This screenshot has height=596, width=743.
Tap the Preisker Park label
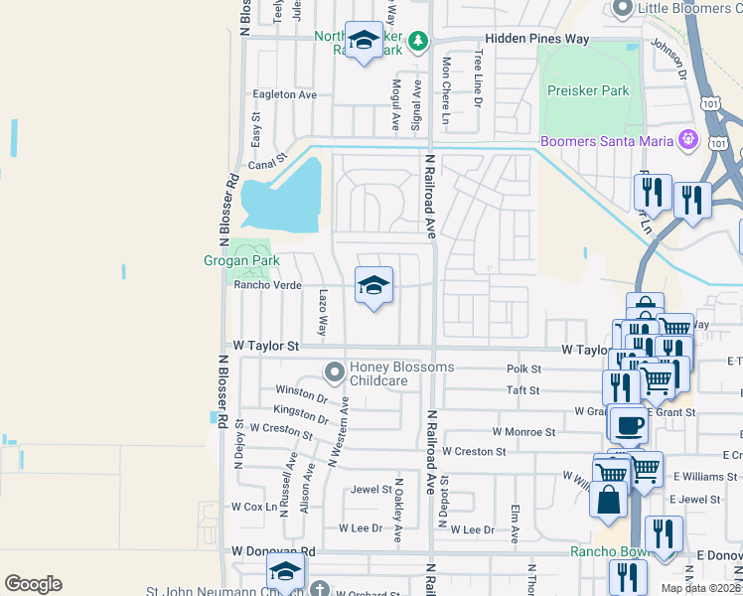(589, 90)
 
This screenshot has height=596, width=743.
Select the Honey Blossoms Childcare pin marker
(335, 373)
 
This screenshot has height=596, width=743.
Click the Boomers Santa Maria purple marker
(686, 141)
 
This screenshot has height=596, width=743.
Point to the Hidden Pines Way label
(536, 40)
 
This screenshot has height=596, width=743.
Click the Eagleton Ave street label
(284, 94)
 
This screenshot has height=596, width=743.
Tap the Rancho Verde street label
(267, 285)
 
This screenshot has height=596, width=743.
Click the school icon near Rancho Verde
(374, 286)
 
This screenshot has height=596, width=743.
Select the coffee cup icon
(628, 426)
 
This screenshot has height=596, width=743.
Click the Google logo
(33, 583)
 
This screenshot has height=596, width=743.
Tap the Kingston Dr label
(301, 412)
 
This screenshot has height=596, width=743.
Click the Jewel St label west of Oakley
(371, 490)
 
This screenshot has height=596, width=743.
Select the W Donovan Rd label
(273, 550)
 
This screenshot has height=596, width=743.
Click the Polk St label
(522, 368)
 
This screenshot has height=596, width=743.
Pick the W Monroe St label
(523, 432)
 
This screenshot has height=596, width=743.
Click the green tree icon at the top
(419, 41)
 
